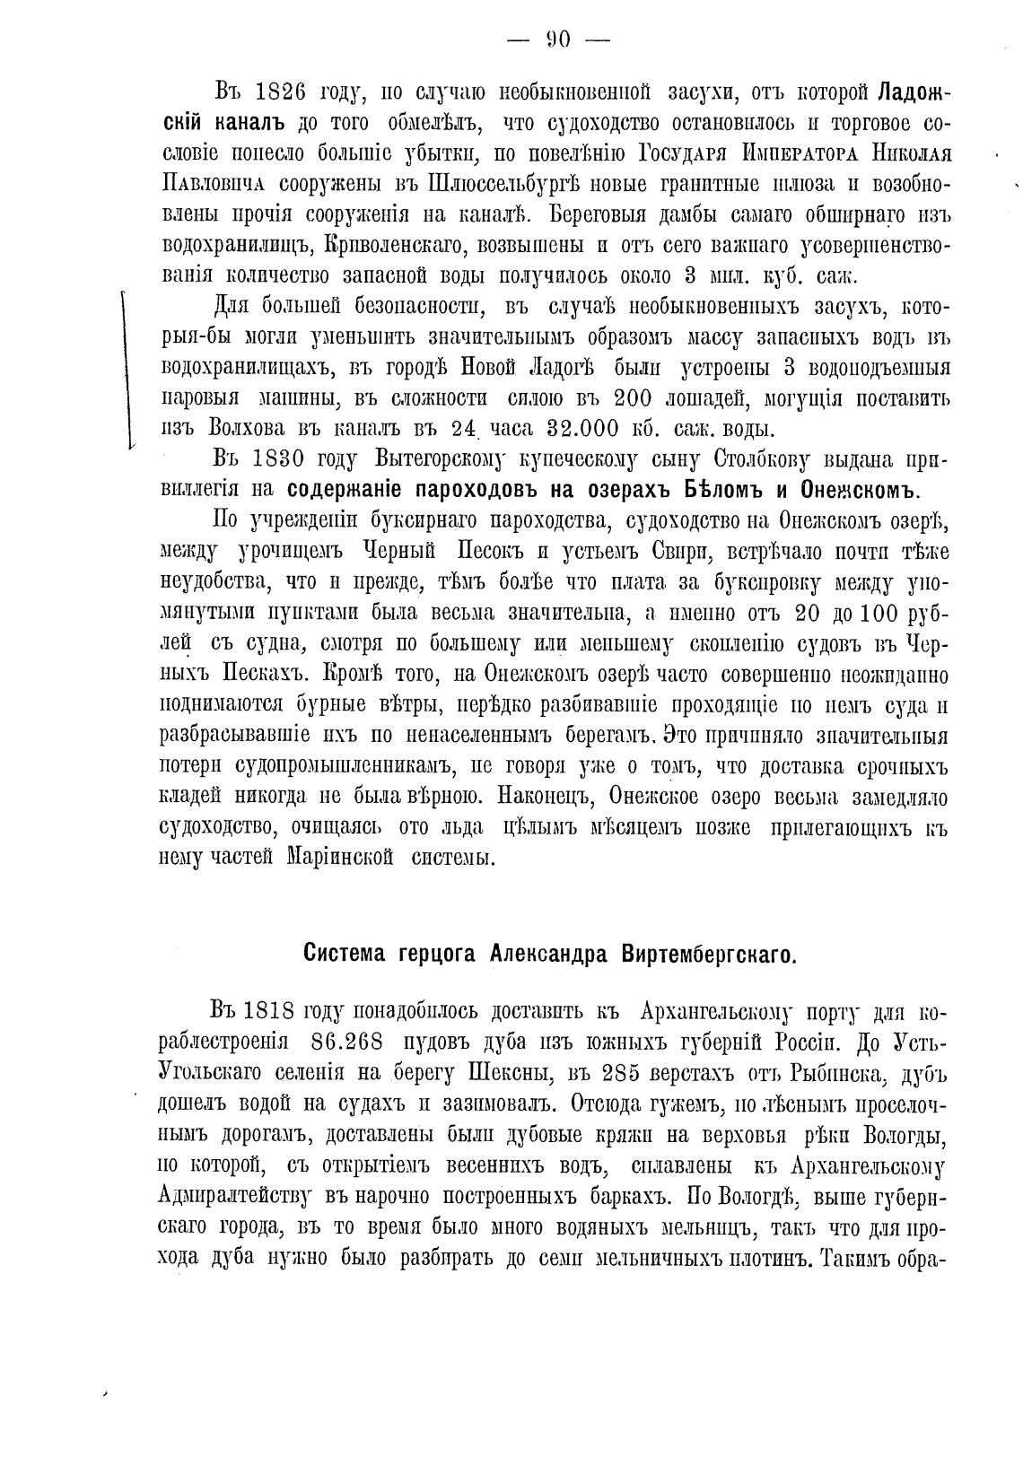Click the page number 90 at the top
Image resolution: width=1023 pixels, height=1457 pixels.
[x=559, y=39]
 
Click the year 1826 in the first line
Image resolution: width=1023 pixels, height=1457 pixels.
[x=276, y=92]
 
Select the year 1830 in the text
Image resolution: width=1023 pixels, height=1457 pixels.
[x=276, y=460]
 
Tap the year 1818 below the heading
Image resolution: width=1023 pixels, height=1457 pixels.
[x=271, y=1011]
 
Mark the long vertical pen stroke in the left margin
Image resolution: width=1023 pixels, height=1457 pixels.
[x=127, y=368]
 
